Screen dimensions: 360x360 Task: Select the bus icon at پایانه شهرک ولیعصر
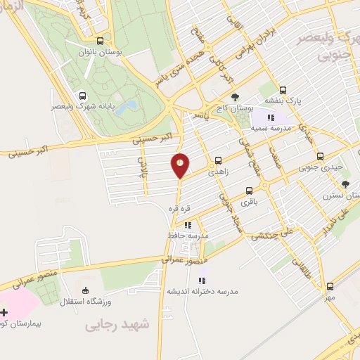83,96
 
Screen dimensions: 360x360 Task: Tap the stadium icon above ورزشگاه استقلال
86,290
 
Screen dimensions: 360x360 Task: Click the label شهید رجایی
118,324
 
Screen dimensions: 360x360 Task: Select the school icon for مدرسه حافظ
187,226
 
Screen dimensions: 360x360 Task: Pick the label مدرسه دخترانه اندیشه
202,291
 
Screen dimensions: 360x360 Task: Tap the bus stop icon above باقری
249,191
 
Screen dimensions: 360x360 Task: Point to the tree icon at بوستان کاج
234,97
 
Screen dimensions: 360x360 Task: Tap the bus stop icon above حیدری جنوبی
320,157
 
